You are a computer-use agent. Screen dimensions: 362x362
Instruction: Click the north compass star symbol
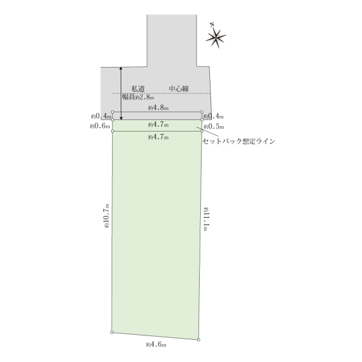coord(216,37)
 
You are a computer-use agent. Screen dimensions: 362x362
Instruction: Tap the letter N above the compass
coord(212,25)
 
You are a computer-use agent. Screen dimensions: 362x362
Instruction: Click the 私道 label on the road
coord(138,89)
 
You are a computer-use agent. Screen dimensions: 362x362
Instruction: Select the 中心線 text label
coord(179,89)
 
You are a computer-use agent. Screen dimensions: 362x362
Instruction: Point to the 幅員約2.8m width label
coord(138,97)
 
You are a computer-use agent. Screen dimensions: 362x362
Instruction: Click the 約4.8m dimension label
coord(158,107)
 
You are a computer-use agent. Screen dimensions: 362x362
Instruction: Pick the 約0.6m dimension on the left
coord(100,126)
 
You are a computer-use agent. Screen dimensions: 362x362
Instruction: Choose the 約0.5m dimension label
coord(214,127)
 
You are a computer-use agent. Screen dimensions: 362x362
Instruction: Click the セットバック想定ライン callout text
coord(239,141)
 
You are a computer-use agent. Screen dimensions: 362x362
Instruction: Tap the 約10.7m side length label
coord(106,216)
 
